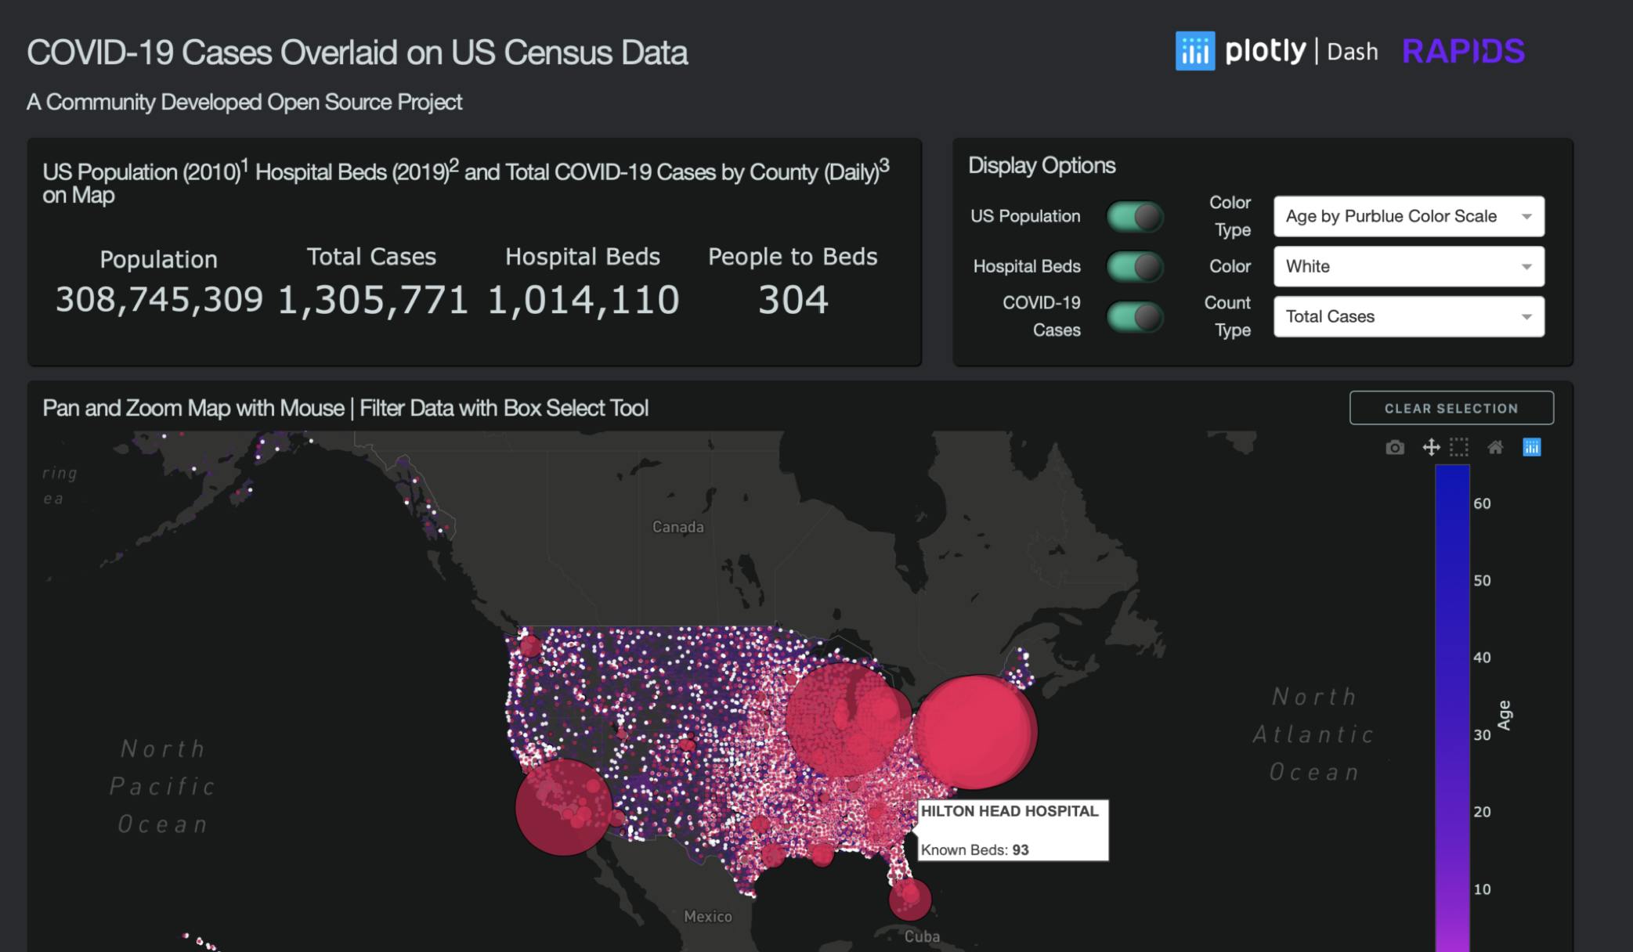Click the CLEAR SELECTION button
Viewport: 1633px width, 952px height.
tap(1451, 408)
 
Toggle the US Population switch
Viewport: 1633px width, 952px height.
tap(1135, 217)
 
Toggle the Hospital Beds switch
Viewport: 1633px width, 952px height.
tap(1135, 267)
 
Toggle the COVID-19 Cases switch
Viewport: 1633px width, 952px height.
tap(1135, 317)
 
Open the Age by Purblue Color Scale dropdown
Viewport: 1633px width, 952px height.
tap(1408, 217)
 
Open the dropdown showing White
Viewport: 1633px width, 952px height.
tap(1408, 267)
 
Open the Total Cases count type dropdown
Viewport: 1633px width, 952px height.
tap(1408, 317)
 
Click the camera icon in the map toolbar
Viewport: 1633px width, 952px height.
tap(1395, 448)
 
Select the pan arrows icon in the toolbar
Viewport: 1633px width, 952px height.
tap(1431, 448)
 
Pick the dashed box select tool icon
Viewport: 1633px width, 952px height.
tap(1459, 448)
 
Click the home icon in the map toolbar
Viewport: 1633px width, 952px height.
tap(1495, 448)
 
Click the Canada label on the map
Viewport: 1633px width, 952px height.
tap(677, 528)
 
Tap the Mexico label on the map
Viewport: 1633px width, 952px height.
tap(707, 917)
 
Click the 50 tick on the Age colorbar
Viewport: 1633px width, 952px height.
tap(1482, 581)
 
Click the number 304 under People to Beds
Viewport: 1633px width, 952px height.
tap(793, 301)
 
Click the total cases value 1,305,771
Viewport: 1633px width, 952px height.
tap(373, 301)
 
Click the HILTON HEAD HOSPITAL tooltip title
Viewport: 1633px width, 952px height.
tap(1010, 812)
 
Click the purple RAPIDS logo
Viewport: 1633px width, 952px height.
tap(1463, 52)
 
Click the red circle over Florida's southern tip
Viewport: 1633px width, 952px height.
tap(910, 899)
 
